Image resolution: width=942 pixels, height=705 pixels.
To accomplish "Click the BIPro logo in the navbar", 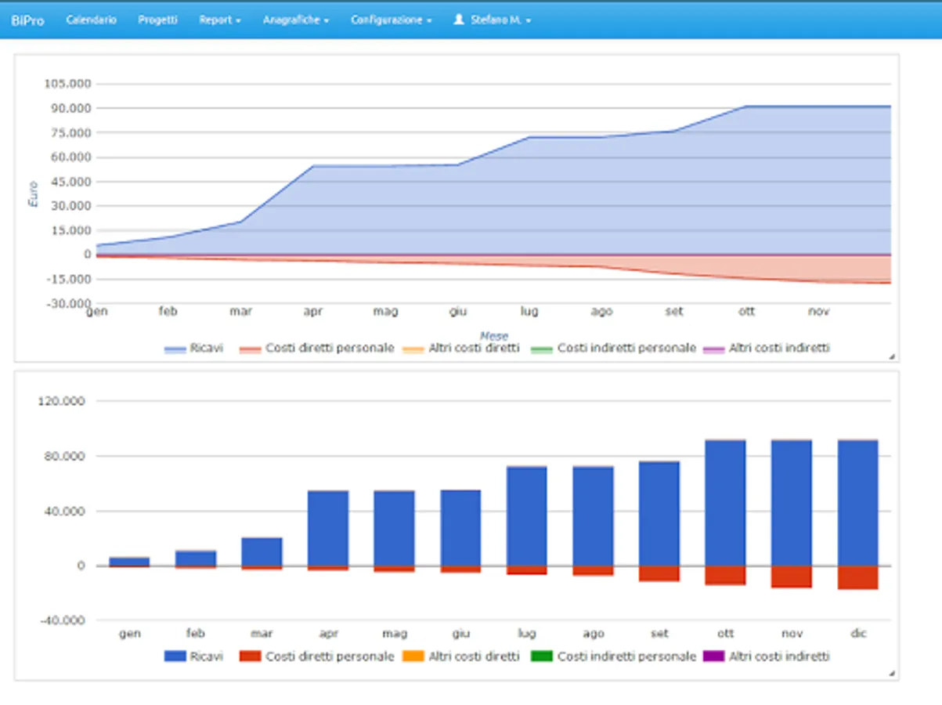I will (27, 20).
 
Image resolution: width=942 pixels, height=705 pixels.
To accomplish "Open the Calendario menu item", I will (91, 20).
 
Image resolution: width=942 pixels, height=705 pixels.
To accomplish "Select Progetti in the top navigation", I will (157, 20).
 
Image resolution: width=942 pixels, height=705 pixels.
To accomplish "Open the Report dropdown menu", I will (220, 20).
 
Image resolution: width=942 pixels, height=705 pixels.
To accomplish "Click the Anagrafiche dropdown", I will (295, 20).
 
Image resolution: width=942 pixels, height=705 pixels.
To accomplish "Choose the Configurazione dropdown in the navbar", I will (391, 20).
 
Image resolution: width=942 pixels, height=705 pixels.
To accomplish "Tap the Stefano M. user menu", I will (493, 20).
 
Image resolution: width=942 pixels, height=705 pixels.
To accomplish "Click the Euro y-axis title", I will (34, 194).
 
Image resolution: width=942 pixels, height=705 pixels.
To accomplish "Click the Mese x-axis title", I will (493, 336).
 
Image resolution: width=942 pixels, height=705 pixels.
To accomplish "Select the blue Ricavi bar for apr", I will (328, 528).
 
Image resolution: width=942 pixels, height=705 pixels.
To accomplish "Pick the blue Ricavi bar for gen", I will (129, 562).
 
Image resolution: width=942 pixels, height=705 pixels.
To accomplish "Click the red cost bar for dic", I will (857, 577).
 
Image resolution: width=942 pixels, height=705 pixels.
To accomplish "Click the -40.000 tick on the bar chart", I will (61, 620).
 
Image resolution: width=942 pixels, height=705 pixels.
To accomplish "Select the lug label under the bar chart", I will (526, 634).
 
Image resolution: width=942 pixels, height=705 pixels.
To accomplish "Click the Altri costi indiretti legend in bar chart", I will (778, 656).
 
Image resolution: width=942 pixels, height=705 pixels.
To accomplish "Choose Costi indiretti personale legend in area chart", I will (626, 348).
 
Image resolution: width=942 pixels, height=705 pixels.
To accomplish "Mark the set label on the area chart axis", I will (674, 312).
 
